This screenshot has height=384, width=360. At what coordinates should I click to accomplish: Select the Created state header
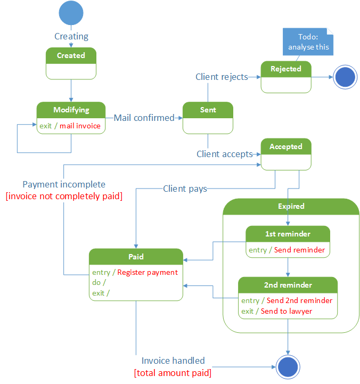pyautogui.click(x=71, y=55)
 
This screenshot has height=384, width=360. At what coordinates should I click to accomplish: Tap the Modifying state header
pyautogui.click(x=71, y=110)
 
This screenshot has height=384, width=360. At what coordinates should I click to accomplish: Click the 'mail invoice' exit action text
pyautogui.click(x=80, y=126)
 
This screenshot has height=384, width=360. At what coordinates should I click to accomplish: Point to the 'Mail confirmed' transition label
pyautogui.click(x=144, y=118)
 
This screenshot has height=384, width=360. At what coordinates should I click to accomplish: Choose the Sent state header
pyautogui.click(x=208, y=110)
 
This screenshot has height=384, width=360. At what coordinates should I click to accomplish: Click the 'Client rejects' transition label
pyautogui.click(x=222, y=77)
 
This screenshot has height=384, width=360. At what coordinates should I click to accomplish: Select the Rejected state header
pyautogui.click(x=286, y=69)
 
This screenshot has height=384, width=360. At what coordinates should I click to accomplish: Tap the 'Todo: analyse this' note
pyautogui.click(x=308, y=42)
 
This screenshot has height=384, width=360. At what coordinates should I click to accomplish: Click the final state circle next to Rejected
pyautogui.click(x=345, y=78)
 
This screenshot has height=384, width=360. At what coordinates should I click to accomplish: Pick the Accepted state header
pyautogui.click(x=286, y=146)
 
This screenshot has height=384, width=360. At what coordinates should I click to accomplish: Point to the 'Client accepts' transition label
pyautogui.click(x=225, y=154)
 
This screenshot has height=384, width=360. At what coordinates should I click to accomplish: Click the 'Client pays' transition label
pyautogui.click(x=185, y=188)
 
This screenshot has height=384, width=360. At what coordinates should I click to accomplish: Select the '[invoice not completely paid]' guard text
pyautogui.click(x=64, y=196)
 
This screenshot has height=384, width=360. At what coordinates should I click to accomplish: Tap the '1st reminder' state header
pyautogui.click(x=288, y=234)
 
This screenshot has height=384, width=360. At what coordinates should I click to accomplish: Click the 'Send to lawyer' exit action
pyautogui.click(x=287, y=311)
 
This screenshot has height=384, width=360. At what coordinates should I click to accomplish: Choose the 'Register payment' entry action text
pyautogui.click(x=148, y=272)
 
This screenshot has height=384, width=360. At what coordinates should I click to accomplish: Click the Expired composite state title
pyautogui.click(x=291, y=206)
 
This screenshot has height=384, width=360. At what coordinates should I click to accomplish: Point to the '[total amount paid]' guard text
pyautogui.click(x=173, y=372)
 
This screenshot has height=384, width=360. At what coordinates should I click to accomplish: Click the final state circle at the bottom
pyautogui.click(x=288, y=367)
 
